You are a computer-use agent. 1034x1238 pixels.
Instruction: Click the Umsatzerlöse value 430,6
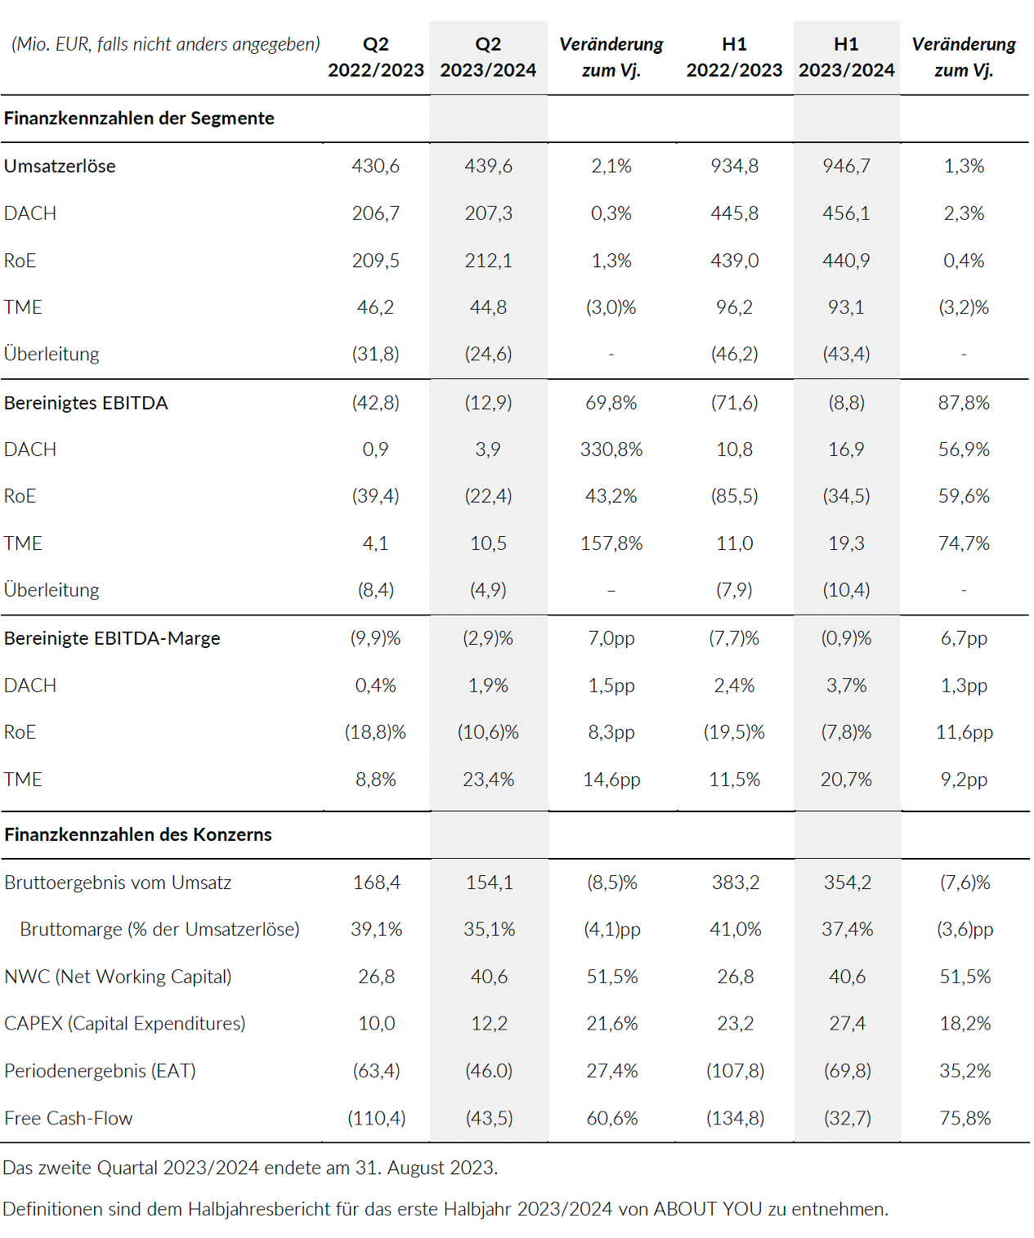(x=375, y=166)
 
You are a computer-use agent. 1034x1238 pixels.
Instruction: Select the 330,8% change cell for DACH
(x=611, y=449)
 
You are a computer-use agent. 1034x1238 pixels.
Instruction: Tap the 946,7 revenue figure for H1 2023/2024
(x=846, y=166)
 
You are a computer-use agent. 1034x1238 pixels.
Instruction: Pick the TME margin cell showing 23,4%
(x=488, y=780)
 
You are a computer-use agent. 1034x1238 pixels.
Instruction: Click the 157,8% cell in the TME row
(x=611, y=543)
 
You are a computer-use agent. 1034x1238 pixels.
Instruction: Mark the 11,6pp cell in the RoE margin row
(x=965, y=732)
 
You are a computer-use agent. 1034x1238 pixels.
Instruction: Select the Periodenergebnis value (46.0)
(x=489, y=1070)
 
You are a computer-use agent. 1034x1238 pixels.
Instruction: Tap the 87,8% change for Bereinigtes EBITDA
(x=964, y=403)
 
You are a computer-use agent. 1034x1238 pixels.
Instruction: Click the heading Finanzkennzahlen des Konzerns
(x=138, y=834)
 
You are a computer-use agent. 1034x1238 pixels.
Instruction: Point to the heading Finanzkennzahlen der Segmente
(x=139, y=118)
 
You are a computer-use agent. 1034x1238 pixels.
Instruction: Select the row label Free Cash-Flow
(x=69, y=1118)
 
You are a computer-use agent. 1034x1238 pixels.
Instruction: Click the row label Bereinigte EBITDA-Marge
(x=112, y=638)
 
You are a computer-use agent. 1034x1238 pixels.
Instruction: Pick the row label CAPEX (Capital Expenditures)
(x=125, y=1023)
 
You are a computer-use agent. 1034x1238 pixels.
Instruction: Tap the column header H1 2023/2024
(x=846, y=57)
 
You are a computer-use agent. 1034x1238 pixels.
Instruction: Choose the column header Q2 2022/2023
(x=376, y=57)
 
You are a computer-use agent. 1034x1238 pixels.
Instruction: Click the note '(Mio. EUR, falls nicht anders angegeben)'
(x=166, y=44)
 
